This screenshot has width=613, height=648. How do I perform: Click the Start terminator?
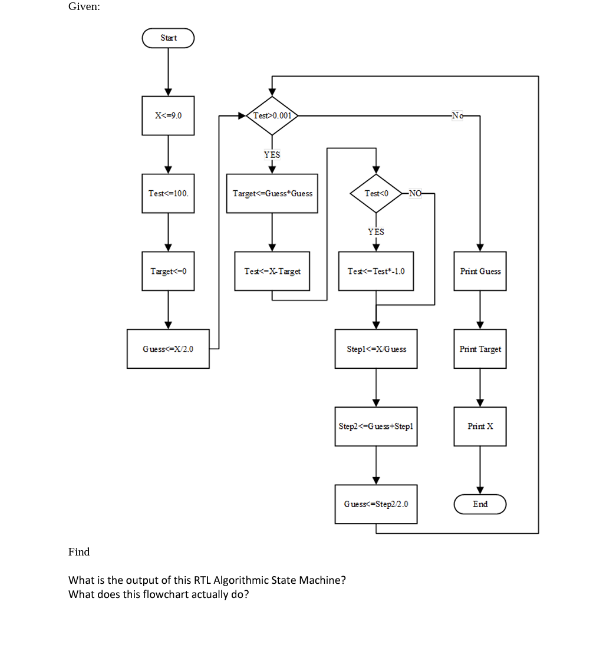pyautogui.click(x=168, y=38)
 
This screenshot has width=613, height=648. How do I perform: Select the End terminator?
pyautogui.click(x=480, y=504)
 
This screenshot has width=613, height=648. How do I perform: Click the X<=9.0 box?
pyautogui.click(x=168, y=115)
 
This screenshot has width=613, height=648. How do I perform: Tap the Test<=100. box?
pyautogui.click(x=168, y=193)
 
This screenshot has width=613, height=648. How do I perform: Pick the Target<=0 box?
pyautogui.click(x=168, y=271)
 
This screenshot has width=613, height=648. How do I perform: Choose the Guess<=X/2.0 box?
pyautogui.click(x=168, y=349)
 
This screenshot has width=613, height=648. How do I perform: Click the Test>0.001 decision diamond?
pyautogui.click(x=272, y=115)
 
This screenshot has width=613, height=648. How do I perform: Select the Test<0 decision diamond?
pyautogui.click(x=376, y=193)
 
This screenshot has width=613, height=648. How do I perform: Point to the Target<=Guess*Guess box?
pyautogui.click(x=272, y=193)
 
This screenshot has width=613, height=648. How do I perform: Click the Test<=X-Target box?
pyautogui.click(x=272, y=271)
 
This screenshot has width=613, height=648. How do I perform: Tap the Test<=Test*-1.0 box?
pyautogui.click(x=376, y=271)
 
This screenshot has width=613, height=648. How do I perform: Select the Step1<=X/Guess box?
pyautogui.click(x=376, y=349)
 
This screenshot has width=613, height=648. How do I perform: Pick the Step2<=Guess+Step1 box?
pyautogui.click(x=376, y=426)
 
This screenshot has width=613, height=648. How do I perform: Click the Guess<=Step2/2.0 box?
pyautogui.click(x=376, y=504)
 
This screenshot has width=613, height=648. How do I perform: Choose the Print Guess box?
pyautogui.click(x=480, y=271)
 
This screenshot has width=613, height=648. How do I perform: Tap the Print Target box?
pyautogui.click(x=480, y=349)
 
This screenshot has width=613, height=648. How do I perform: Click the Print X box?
pyautogui.click(x=480, y=426)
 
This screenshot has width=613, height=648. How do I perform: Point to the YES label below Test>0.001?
pyautogui.click(x=272, y=155)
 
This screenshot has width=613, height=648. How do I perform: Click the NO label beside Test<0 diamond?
pyautogui.click(x=415, y=193)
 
